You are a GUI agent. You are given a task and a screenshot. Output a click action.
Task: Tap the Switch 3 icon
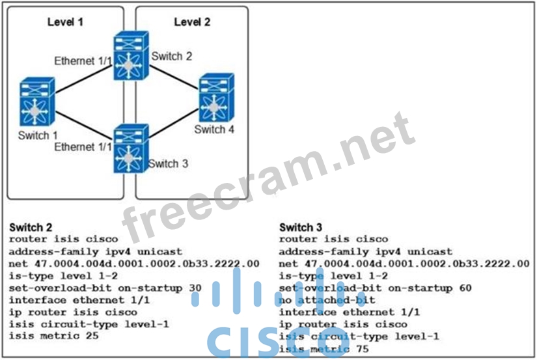pos(131,148)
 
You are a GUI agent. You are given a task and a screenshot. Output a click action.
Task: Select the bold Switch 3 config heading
pos(301,228)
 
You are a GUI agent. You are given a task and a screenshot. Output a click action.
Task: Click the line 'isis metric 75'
pos(316,348)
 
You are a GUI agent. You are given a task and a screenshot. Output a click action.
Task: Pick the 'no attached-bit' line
pos(322,299)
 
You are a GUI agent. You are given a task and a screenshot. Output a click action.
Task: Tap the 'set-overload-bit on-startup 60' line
pos(375,288)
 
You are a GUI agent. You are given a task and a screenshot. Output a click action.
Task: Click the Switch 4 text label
pos(214,130)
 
